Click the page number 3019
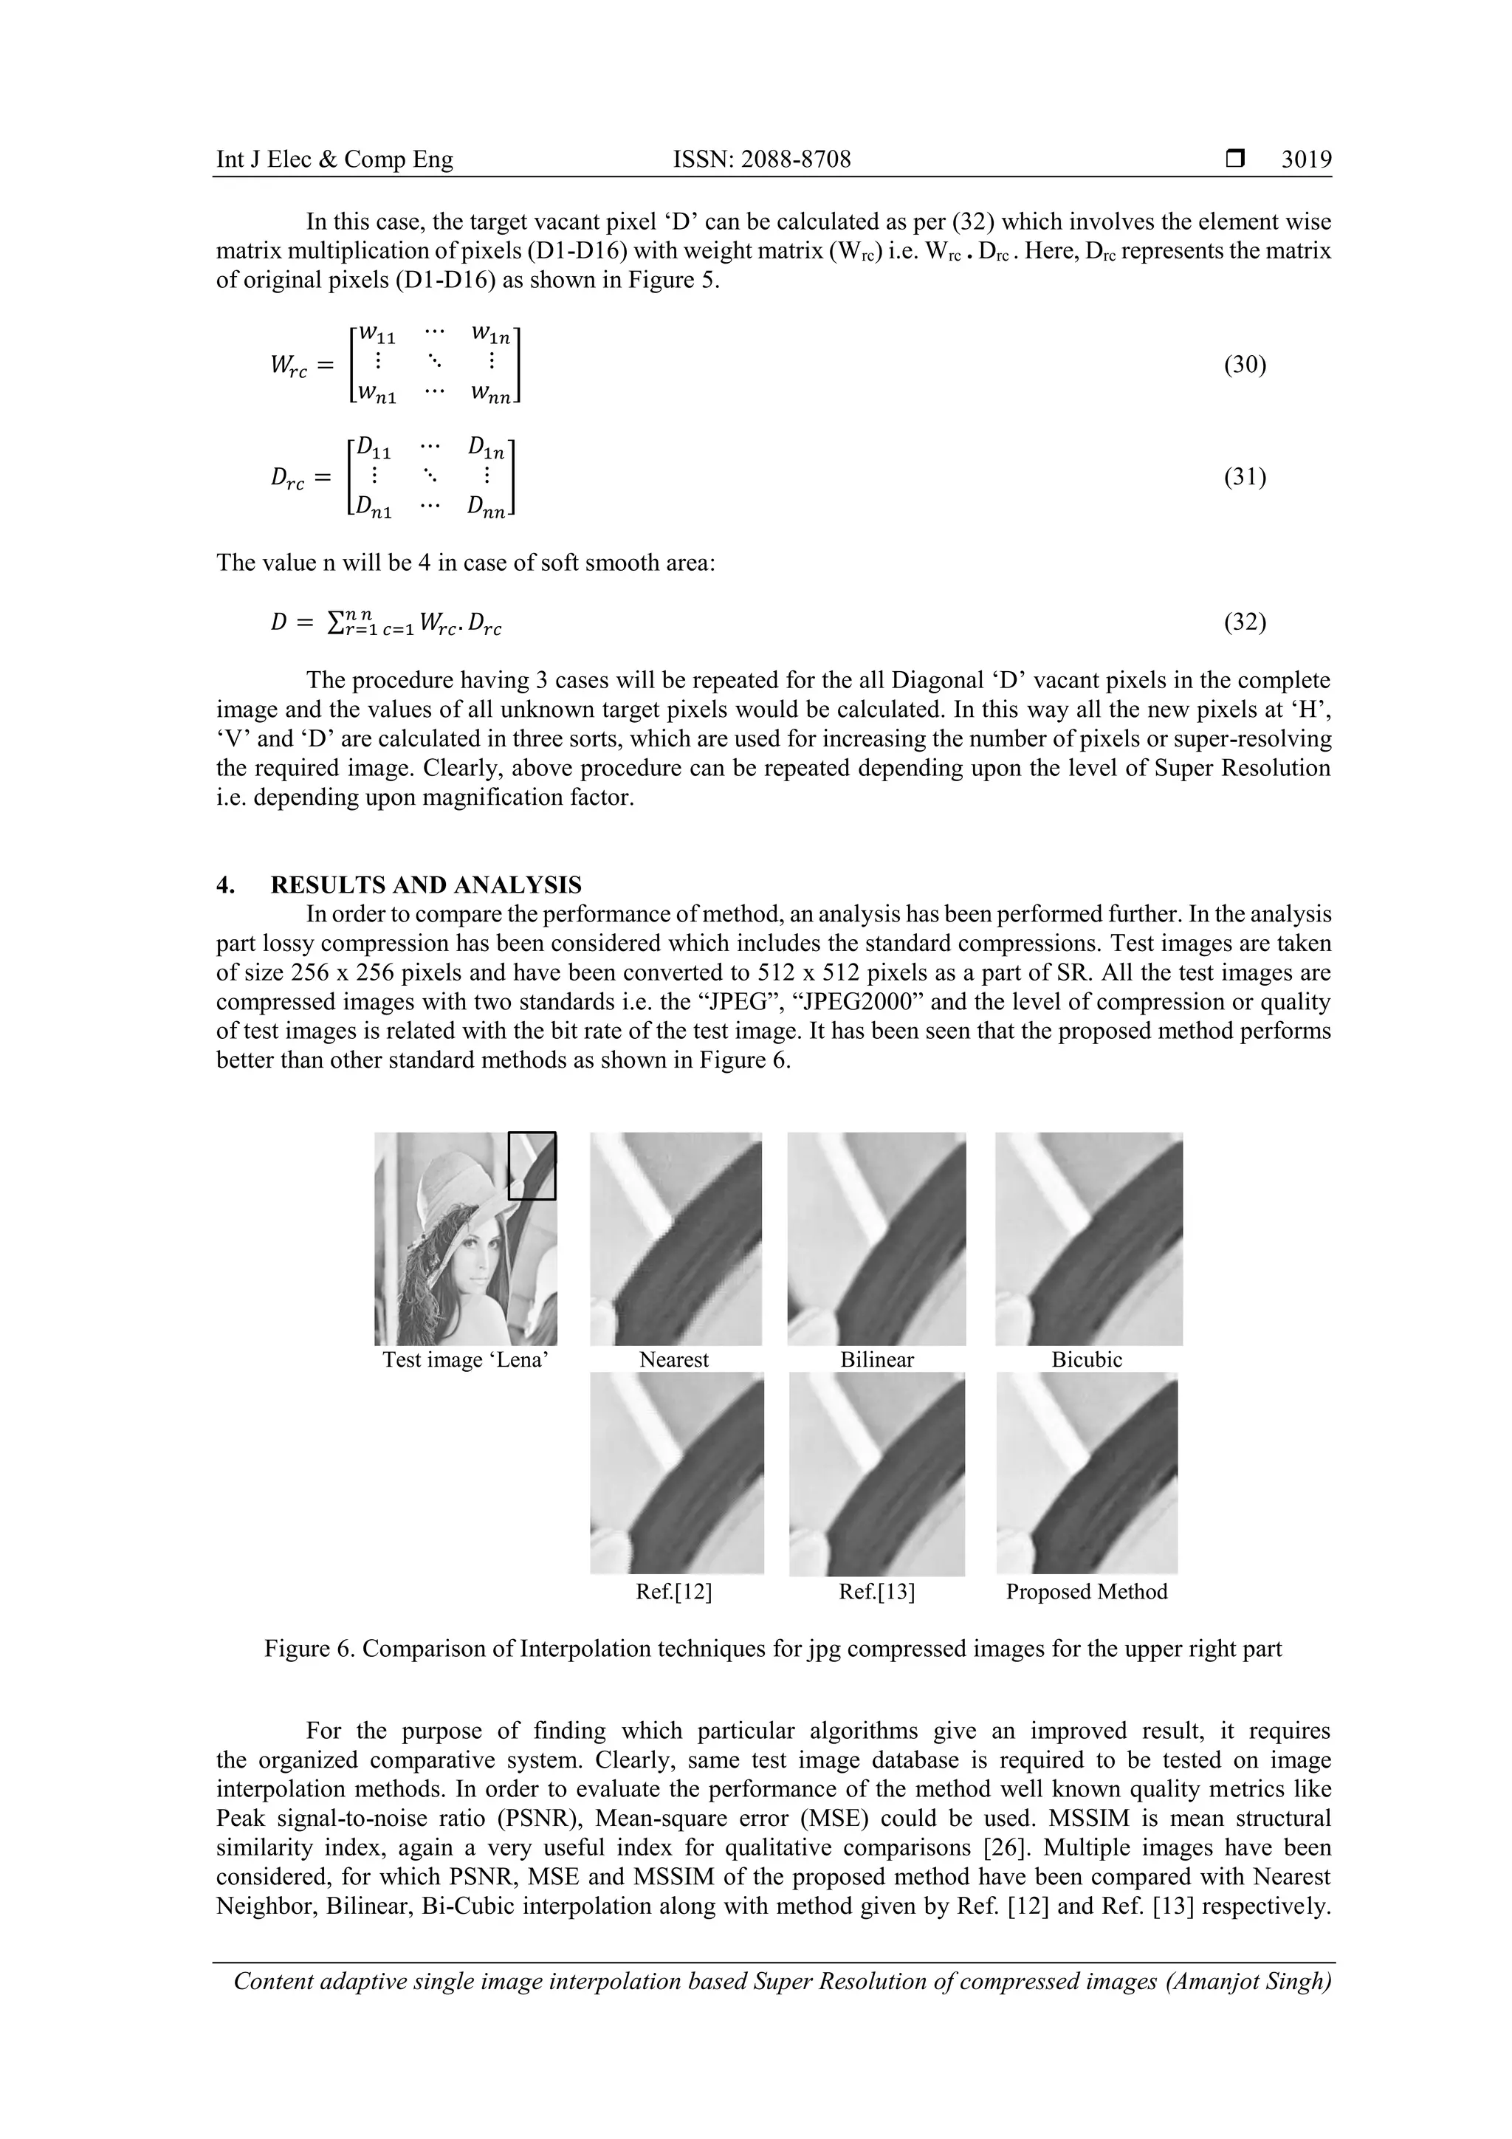tap(1306, 159)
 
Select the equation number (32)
tap(1245, 622)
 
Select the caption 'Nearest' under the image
tap(673, 1359)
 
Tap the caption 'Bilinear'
tap(876, 1359)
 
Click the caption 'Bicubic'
tap(1086, 1359)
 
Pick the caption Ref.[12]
tap(673, 1591)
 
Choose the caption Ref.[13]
tap(876, 1591)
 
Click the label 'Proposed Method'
tap(1086, 1591)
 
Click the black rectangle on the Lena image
tap(532, 1165)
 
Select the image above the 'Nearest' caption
tap(676, 1238)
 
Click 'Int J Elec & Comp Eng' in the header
tap(334, 159)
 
